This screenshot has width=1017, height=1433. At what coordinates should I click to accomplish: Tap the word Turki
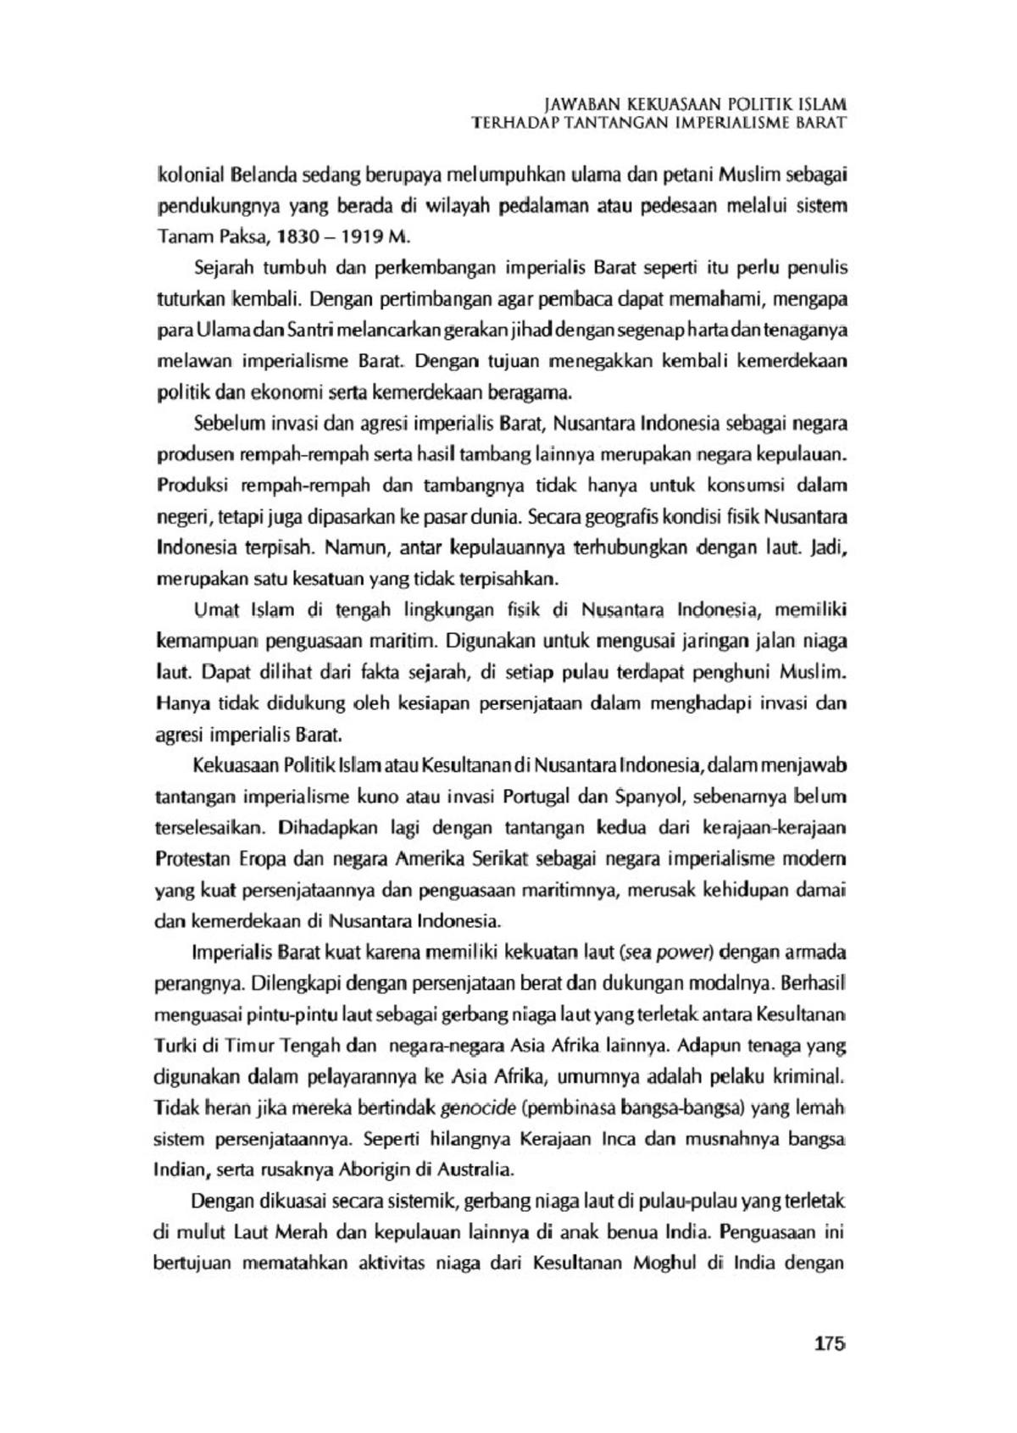172,1045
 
